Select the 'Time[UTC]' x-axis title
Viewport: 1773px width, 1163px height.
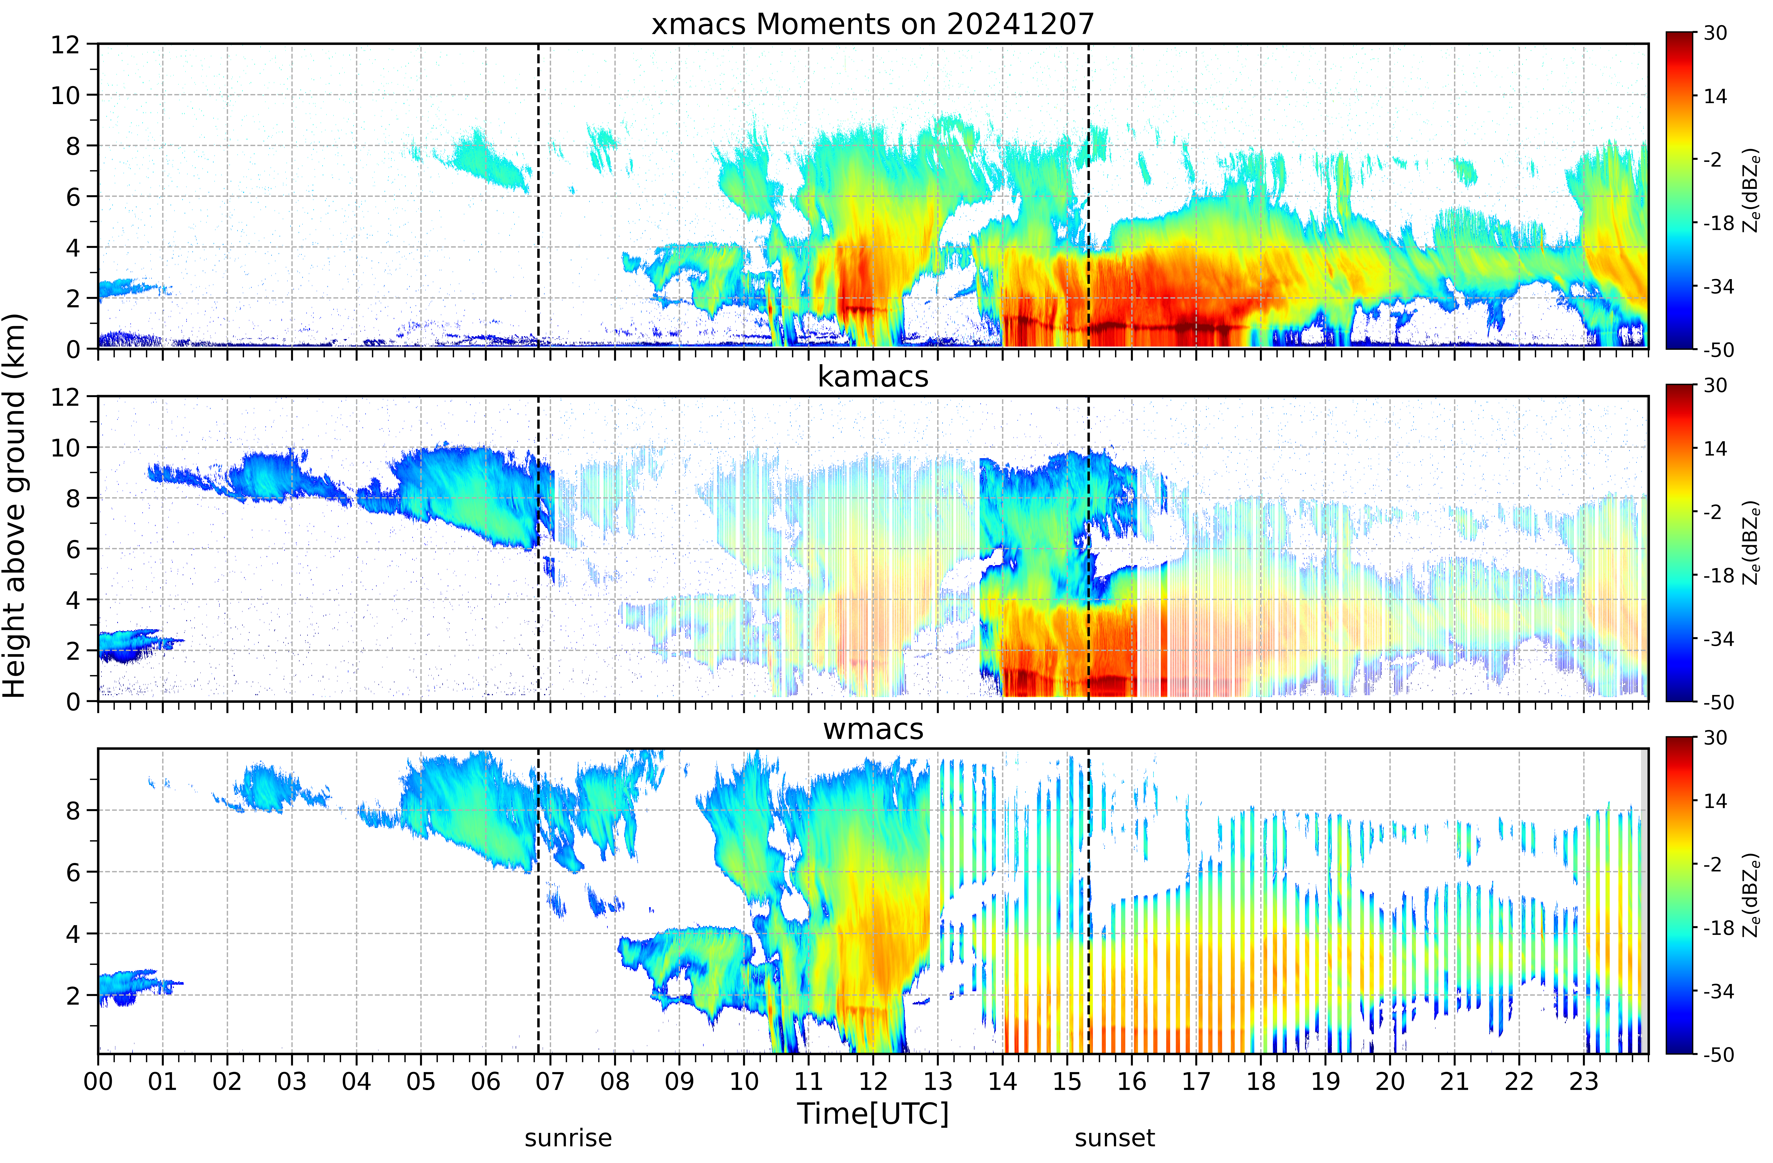click(x=872, y=1114)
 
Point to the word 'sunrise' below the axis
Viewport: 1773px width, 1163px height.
click(x=568, y=1138)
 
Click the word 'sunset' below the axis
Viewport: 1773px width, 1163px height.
click(x=1114, y=1138)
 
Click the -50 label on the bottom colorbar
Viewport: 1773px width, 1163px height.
click(x=1715, y=1055)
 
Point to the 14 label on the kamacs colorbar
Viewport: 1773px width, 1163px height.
click(x=1715, y=449)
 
